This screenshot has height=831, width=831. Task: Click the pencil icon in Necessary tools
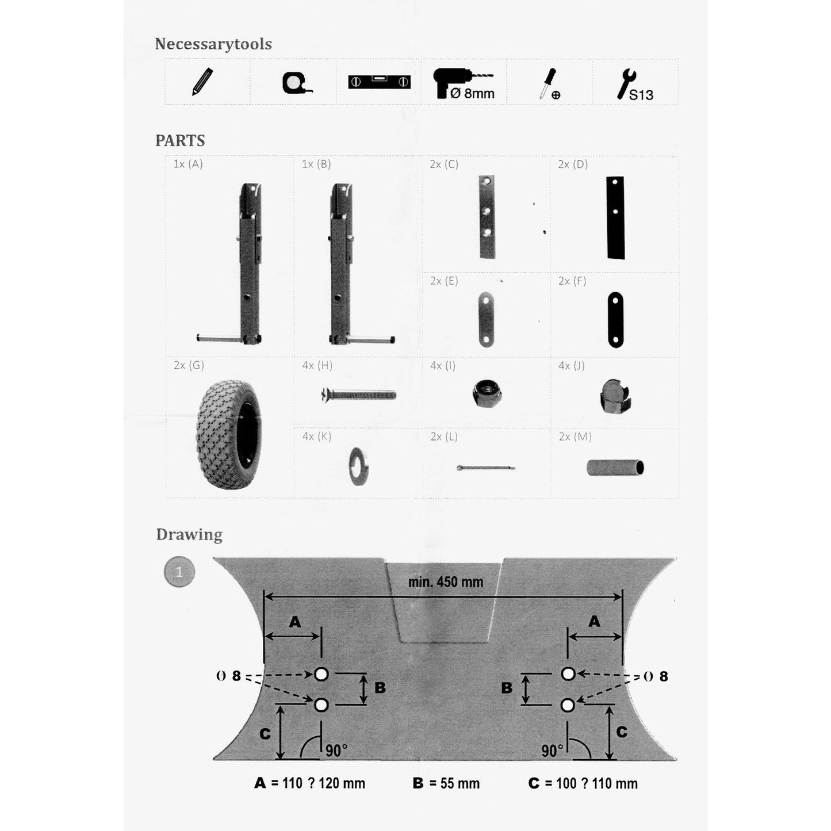click(202, 82)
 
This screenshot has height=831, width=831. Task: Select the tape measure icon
click(297, 83)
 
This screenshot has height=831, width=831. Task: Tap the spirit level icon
click(379, 82)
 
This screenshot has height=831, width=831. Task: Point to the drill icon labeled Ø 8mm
click(464, 83)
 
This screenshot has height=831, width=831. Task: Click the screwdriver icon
click(549, 83)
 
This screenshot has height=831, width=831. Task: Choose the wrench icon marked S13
click(635, 85)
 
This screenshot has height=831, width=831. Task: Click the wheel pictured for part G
click(229, 434)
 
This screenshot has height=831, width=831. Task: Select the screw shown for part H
click(358, 394)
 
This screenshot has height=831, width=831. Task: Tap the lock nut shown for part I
click(487, 393)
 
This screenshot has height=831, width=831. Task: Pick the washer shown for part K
click(359, 466)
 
